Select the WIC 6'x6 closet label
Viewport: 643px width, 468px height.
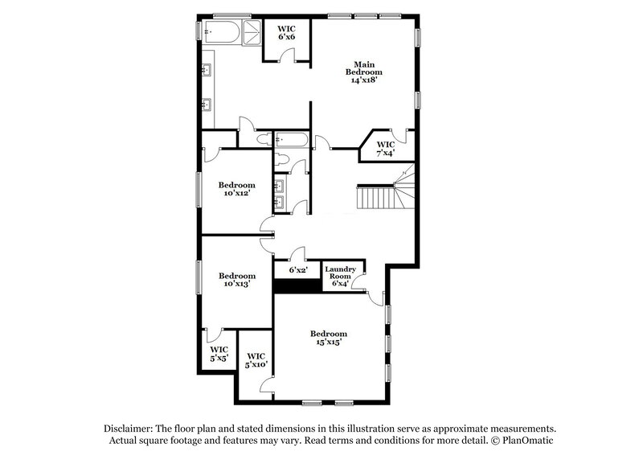point(288,33)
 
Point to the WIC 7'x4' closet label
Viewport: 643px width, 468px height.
point(386,150)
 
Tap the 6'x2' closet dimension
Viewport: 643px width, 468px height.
point(297,271)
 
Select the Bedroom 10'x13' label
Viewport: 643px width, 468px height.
point(237,280)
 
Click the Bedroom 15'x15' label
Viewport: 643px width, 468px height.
point(329,339)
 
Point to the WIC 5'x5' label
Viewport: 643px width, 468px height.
point(218,353)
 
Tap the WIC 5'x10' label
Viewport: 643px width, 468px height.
point(256,360)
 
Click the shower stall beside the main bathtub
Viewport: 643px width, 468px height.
point(251,32)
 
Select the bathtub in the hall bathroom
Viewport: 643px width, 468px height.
point(291,141)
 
